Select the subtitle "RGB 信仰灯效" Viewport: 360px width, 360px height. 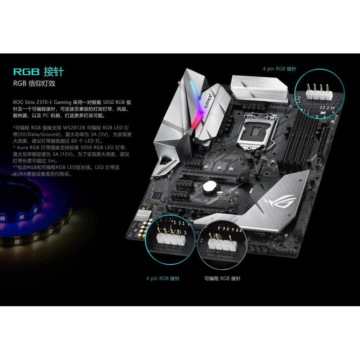34,84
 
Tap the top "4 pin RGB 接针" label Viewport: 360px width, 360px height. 279,69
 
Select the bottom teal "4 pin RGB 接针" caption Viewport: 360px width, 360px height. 163,278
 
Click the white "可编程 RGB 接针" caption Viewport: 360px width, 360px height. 223,278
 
